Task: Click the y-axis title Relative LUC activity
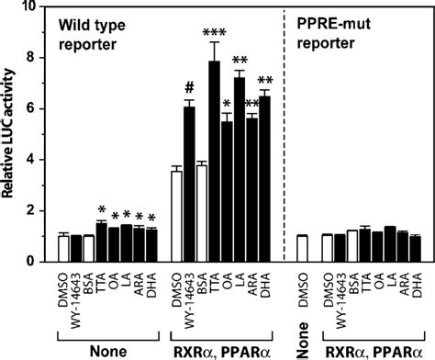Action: tap(7, 133)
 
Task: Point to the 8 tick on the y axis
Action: tap(43, 58)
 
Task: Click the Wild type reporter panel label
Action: tap(92, 34)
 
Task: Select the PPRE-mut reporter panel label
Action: tap(334, 33)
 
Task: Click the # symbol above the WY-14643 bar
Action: tap(190, 88)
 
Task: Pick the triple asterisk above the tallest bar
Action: tap(215, 33)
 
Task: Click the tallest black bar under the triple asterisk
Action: tap(215, 162)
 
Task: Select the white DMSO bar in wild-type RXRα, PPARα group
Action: tap(177, 217)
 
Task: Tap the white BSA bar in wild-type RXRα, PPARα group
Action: tap(202, 213)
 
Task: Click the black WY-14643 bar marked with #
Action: tap(190, 185)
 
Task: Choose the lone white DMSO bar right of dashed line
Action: tap(303, 249)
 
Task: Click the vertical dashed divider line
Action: tap(284, 135)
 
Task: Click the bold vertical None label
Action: tap(303, 340)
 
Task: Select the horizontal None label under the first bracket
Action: tap(108, 352)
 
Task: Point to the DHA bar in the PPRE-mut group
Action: tap(416, 249)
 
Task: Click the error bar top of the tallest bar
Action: tap(215, 42)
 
